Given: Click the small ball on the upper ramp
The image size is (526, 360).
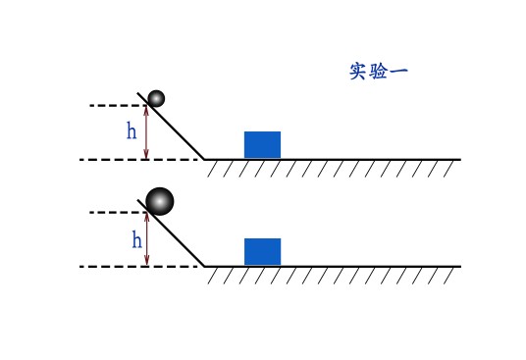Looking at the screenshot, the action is [x=156, y=98].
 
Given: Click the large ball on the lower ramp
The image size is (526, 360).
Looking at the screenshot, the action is [x=160, y=201].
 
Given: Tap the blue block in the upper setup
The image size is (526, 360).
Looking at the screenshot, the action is [x=262, y=145].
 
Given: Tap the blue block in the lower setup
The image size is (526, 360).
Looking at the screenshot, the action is [x=262, y=252].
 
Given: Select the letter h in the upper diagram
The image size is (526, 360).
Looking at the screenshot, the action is [x=131, y=130].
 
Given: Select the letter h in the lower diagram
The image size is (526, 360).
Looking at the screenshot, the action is [x=136, y=239].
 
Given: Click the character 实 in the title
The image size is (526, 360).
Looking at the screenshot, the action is [x=358, y=71].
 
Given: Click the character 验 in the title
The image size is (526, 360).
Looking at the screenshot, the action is [x=378, y=71].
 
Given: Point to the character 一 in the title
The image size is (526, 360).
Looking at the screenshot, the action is [x=398, y=71].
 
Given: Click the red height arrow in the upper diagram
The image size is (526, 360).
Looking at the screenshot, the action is [x=146, y=132].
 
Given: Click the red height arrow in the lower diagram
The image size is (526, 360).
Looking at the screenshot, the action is [x=146, y=239].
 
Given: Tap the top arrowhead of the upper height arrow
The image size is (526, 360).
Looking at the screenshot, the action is [x=146, y=108].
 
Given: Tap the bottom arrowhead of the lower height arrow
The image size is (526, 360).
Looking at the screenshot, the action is [x=146, y=263].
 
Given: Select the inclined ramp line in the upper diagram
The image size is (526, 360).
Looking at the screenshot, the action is [x=171, y=126].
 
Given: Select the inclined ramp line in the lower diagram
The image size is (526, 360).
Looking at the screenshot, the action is [x=171, y=232].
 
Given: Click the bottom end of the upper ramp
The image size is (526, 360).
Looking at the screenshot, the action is [x=204, y=160].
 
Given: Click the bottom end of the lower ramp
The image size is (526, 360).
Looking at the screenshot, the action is [x=204, y=267].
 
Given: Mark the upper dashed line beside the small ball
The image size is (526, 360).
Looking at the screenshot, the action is [x=118, y=106].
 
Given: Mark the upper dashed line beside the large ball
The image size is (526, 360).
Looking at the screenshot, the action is [x=118, y=213].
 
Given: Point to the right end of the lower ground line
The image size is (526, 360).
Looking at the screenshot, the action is [x=460, y=267].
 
